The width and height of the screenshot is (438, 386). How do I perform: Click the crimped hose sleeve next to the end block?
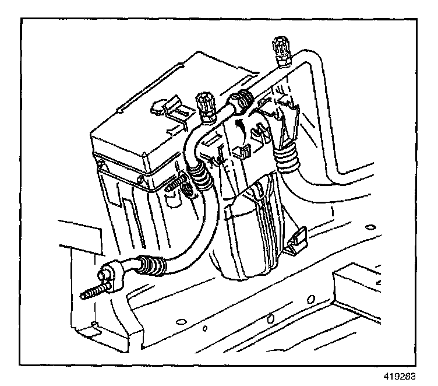point(150,267)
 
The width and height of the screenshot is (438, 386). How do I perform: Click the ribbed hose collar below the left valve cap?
point(201,175)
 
